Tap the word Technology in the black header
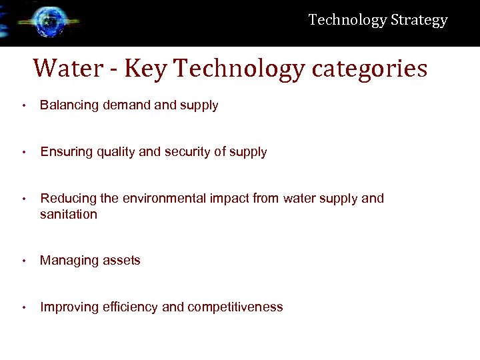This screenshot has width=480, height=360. (347, 20)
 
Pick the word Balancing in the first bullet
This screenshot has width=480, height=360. (69, 105)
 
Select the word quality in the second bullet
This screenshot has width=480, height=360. (117, 152)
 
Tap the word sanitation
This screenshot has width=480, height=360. (69, 214)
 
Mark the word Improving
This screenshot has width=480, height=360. (69, 307)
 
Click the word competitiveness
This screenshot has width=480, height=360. (235, 307)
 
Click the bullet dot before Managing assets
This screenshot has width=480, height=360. (23, 261)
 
